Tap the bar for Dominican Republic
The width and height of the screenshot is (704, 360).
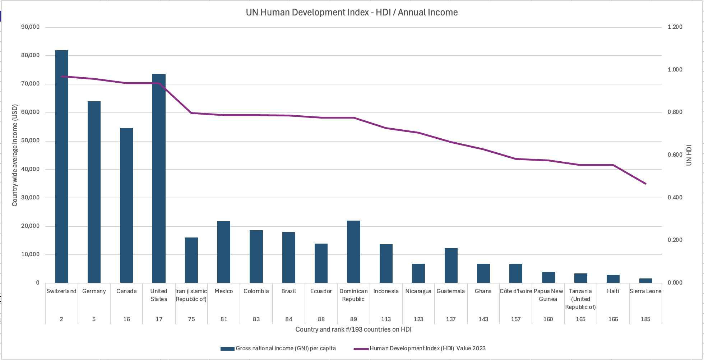point(353,251)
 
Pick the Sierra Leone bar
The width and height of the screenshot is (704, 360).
point(645,281)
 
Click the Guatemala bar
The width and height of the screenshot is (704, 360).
point(451,265)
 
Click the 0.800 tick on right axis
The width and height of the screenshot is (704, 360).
point(675,112)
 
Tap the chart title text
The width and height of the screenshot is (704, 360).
point(352,12)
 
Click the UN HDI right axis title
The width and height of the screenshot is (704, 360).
point(689,155)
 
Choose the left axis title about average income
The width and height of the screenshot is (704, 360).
point(15,155)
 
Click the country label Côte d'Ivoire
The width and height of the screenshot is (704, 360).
point(515,291)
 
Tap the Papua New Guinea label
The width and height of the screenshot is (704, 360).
point(548,295)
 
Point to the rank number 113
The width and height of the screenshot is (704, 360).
point(386,319)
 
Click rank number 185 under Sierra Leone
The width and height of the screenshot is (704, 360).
point(645,319)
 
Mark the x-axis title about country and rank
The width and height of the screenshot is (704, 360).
point(353,329)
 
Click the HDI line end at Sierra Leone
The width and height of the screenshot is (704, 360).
point(645,184)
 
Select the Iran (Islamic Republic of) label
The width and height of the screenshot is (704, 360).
point(191,295)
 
